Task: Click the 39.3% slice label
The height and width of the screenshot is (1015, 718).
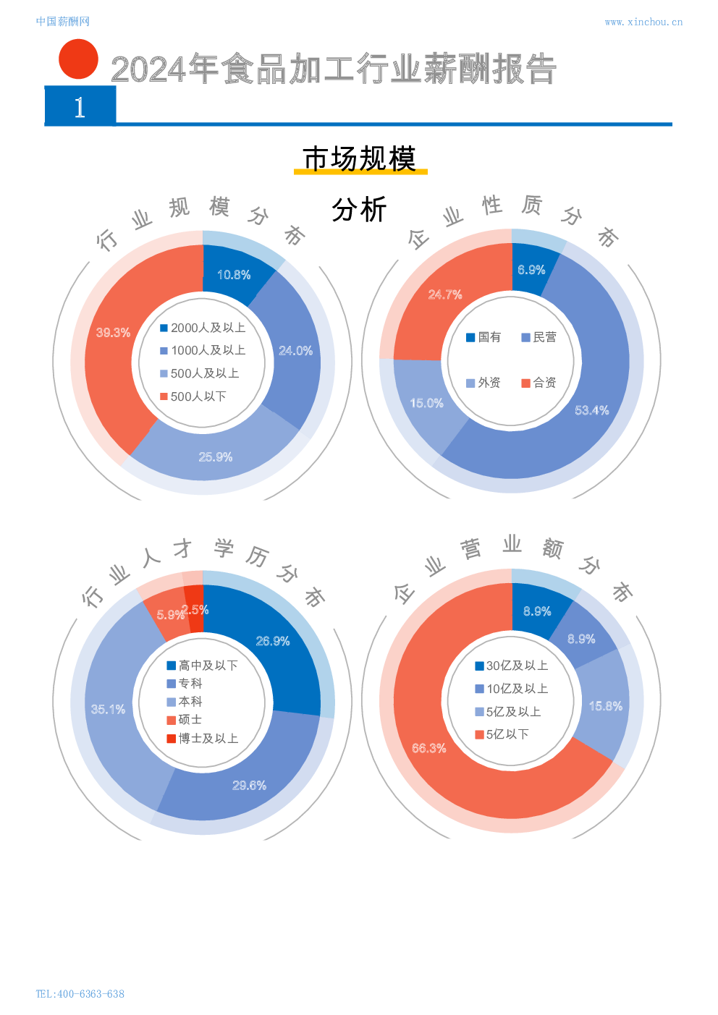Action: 113,333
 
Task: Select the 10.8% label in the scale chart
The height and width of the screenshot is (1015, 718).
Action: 234,275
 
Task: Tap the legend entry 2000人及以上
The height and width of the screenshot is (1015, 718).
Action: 203,328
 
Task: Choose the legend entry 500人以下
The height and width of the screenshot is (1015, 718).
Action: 194,396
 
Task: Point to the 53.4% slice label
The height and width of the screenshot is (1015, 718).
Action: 591,410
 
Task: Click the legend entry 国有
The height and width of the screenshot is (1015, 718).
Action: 483,337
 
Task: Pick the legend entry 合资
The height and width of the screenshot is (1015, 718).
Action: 538,383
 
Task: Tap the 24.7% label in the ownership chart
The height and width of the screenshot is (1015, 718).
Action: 444,294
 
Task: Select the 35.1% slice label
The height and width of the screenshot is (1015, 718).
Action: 108,709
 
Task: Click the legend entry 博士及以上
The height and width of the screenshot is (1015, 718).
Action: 203,739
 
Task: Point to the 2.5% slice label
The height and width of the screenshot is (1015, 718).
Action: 195,610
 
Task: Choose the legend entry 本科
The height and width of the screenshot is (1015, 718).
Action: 185,702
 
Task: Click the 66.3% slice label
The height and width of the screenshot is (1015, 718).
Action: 428,748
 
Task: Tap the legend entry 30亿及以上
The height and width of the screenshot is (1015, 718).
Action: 512,666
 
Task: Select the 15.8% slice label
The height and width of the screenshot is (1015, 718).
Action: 605,706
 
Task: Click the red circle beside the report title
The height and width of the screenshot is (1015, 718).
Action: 78,59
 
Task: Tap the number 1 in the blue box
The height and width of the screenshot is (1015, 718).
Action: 80,107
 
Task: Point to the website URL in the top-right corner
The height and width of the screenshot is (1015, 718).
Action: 643,22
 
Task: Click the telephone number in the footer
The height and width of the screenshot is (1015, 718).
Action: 80,993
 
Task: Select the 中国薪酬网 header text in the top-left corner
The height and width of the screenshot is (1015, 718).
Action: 63,22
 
